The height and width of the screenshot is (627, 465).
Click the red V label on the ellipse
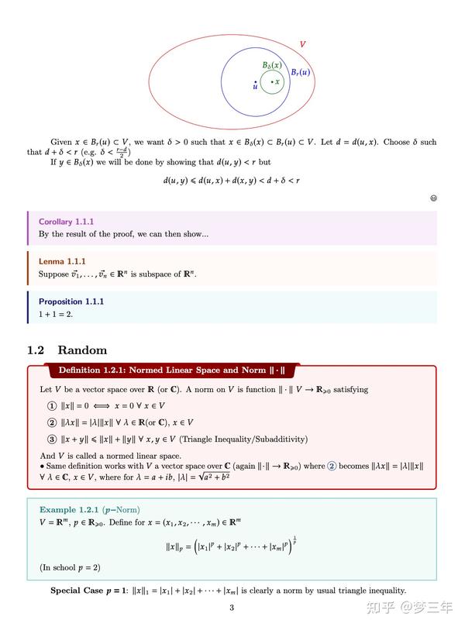(302, 45)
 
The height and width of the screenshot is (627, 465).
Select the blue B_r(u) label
(301, 73)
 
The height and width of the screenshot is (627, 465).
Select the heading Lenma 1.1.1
(62, 261)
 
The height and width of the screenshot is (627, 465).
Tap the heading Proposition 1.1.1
(71, 301)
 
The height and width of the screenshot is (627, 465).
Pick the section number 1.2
(36, 350)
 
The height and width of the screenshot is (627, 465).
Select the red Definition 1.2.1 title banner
(171, 370)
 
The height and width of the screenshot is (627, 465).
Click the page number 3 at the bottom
(232, 608)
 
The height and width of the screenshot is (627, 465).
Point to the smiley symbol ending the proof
(433, 198)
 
